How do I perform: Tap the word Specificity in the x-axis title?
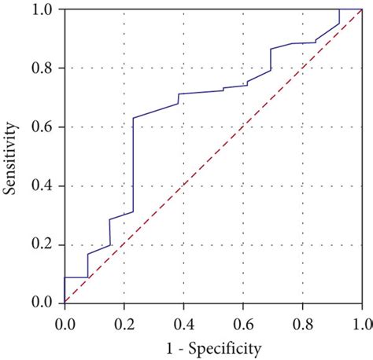[x=223, y=346]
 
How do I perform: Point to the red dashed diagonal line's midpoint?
[x=213, y=156]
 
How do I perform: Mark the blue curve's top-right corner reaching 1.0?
[x=339, y=9]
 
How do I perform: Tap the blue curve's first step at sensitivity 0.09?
[x=76, y=277]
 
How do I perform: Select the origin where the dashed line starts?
[x=65, y=303]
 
